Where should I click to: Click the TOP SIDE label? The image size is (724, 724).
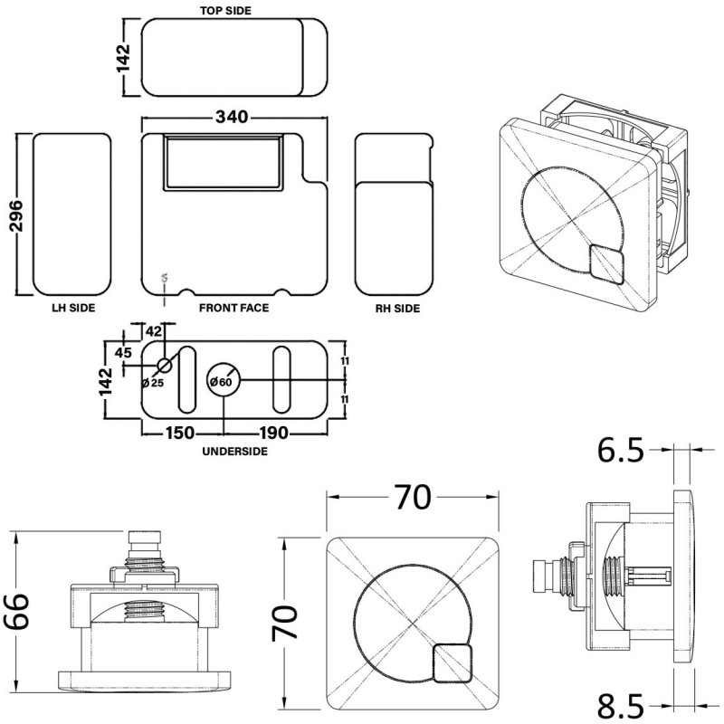pos(225,11)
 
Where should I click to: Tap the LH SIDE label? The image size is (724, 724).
pos(74,309)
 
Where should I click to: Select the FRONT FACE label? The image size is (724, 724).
pos(233,309)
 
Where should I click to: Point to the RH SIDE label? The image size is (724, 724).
pos(397,309)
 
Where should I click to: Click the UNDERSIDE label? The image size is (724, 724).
pos(234,450)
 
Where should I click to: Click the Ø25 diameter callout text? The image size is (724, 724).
pos(153,384)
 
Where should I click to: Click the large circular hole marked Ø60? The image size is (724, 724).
pos(224,381)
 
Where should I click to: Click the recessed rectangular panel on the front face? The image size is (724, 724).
pos(224,163)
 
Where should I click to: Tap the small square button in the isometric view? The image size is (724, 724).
pos(605,265)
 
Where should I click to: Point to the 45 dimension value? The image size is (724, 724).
pos(125,352)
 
